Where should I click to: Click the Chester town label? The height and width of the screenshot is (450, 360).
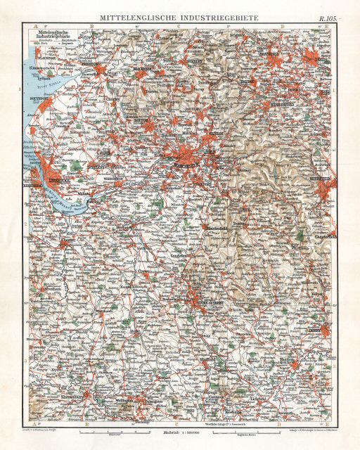coord(68,240)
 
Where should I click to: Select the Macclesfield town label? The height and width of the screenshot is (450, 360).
coord(215,228)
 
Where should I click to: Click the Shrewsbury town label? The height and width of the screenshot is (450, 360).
coord(77,413)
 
